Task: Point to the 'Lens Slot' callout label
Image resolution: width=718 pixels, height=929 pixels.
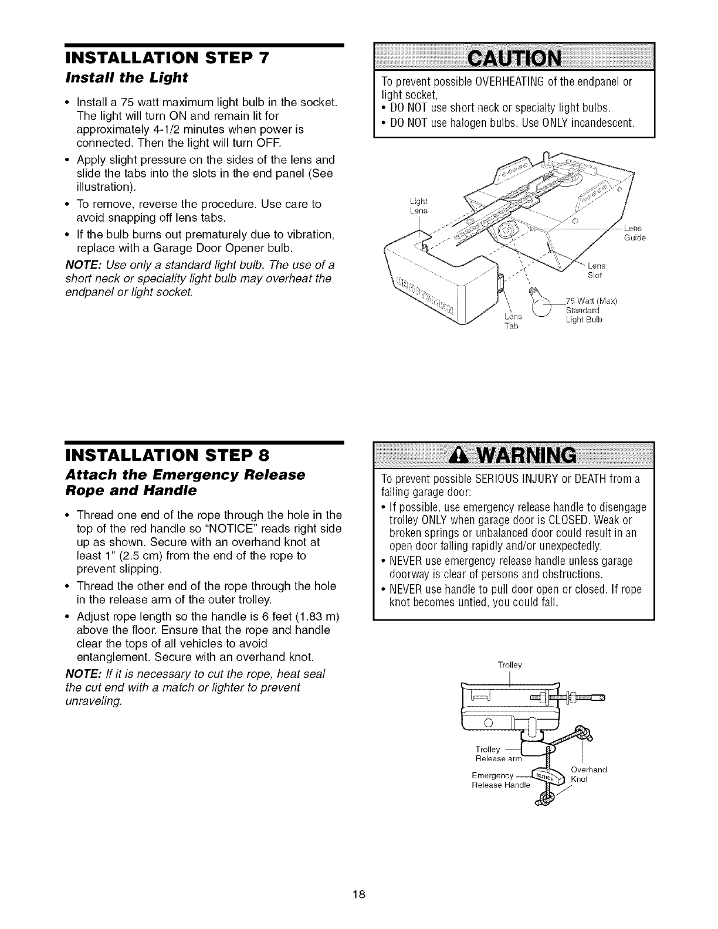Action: [597, 271]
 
